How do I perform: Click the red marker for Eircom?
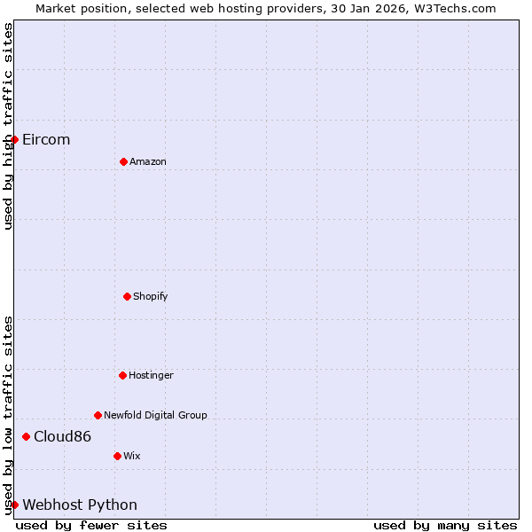(x=14, y=139)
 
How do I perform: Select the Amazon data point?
(x=123, y=161)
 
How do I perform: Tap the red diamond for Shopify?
(x=127, y=296)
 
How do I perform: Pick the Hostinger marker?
(x=122, y=375)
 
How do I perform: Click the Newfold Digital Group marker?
(x=98, y=415)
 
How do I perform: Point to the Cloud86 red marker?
(x=26, y=436)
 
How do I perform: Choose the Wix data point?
(x=117, y=456)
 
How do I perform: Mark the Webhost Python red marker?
(x=14, y=505)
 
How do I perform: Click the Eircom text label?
(x=46, y=140)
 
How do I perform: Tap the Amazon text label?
(x=148, y=162)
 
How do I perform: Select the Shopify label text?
(x=151, y=296)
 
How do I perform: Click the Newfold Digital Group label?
(x=155, y=415)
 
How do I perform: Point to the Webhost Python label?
(x=80, y=505)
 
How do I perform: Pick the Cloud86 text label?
(x=62, y=437)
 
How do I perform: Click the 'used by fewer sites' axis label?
(x=91, y=525)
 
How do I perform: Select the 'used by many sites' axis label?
(x=444, y=525)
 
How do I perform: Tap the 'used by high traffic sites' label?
(x=8, y=126)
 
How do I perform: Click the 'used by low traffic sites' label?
(x=8, y=415)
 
